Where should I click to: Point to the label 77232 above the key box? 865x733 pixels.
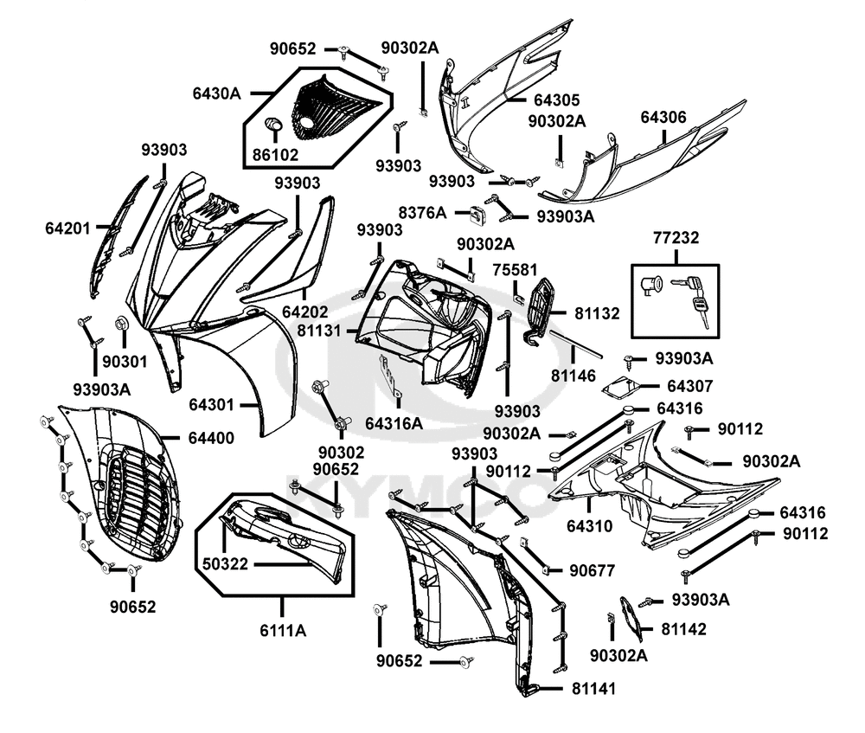tap(676, 237)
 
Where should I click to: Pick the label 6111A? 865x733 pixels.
tap(283, 631)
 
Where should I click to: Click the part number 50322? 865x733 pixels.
tap(226, 563)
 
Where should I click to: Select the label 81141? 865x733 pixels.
tap(594, 689)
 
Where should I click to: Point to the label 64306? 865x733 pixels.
tap(663, 117)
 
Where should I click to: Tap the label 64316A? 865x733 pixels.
tap(394, 422)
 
